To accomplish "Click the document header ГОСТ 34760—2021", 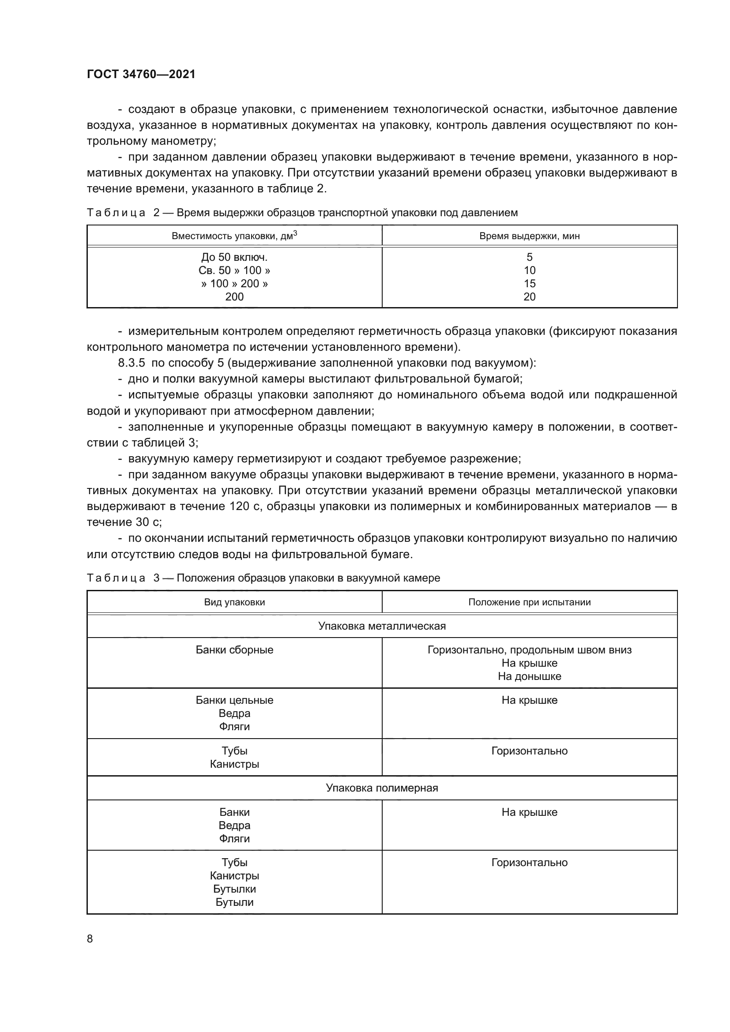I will pyautogui.click(x=141, y=74).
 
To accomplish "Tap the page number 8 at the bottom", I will pyautogui.click(x=90, y=938).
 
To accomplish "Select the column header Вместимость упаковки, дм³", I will pyautogui.click(x=234, y=236).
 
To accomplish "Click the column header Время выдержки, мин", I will pyautogui.click(x=529, y=236).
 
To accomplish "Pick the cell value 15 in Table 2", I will pyautogui.click(x=530, y=284).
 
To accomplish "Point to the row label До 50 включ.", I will pyautogui.click(x=234, y=257).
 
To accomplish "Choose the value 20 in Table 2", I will pyautogui.click(x=530, y=296).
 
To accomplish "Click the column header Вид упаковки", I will pyautogui.click(x=234, y=602).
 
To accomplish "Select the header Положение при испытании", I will pyautogui.click(x=529, y=602).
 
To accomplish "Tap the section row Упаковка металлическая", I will pyautogui.click(x=382, y=626).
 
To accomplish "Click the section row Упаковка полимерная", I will pyautogui.click(x=382, y=788).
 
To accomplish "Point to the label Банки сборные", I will pyautogui.click(x=234, y=650).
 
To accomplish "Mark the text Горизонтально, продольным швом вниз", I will pyautogui.click(x=529, y=650).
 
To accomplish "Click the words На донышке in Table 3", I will pyautogui.click(x=529, y=676).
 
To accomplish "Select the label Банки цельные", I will pyautogui.click(x=234, y=700).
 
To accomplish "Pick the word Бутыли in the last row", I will pyautogui.click(x=234, y=902).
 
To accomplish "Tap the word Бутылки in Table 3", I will pyautogui.click(x=234, y=889).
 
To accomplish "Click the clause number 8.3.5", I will pyautogui.click(x=131, y=363).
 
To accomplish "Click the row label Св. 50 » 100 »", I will pyautogui.click(x=234, y=270).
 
